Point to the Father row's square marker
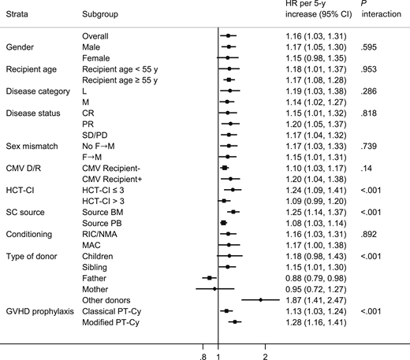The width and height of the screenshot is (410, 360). [x=208, y=277]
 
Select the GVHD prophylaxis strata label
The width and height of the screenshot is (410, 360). [x=39, y=310]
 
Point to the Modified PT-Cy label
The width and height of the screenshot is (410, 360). [x=111, y=321]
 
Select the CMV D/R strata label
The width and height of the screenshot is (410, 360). [x=26, y=168]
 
